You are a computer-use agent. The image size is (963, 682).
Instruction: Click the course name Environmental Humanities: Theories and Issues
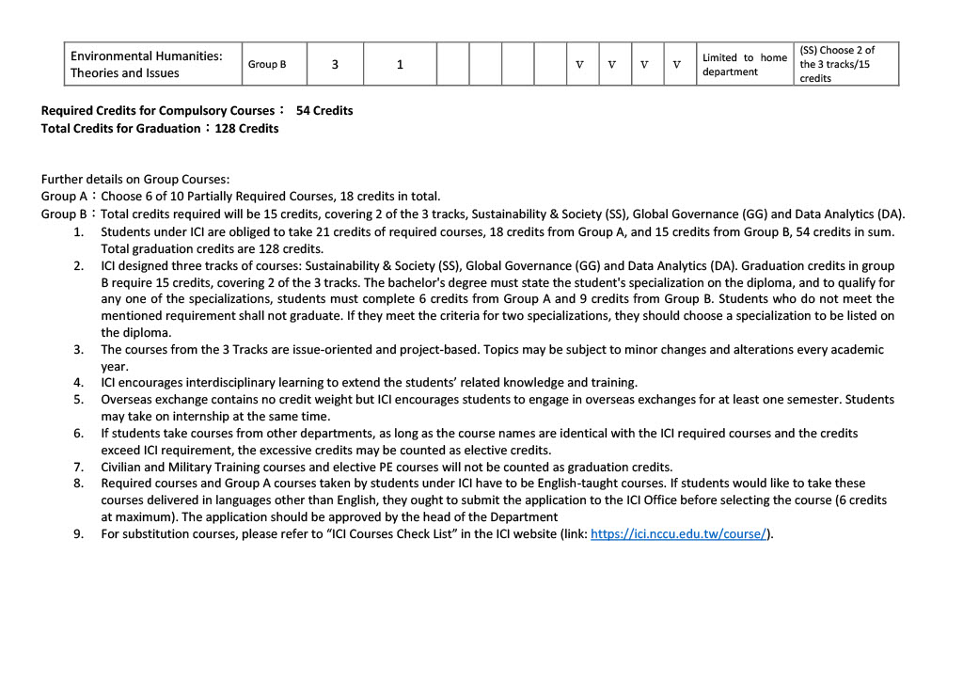tap(146, 64)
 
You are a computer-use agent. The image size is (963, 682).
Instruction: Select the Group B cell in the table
tap(267, 64)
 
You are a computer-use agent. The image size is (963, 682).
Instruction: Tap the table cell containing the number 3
tap(335, 65)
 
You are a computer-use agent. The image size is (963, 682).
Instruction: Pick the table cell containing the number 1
tap(400, 65)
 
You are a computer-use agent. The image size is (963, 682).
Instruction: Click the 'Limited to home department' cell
tap(744, 64)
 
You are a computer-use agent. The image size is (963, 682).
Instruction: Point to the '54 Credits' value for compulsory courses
tap(324, 110)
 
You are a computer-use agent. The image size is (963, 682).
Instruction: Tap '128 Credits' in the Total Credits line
tap(246, 128)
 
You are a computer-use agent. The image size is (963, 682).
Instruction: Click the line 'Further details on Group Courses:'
tap(135, 179)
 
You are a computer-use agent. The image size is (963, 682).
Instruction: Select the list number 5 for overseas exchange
tap(79, 399)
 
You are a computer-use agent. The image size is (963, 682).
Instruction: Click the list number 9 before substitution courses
tap(79, 534)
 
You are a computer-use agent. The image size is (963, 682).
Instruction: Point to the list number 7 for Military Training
tap(79, 467)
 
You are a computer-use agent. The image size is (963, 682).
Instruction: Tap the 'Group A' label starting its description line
tap(58, 196)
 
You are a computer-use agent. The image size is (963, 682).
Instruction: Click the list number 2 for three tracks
tap(79, 265)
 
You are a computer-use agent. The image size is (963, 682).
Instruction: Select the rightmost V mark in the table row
tap(676, 65)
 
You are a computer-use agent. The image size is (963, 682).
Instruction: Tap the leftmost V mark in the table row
tap(579, 65)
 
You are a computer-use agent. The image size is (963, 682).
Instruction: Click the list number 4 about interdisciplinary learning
tap(79, 382)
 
